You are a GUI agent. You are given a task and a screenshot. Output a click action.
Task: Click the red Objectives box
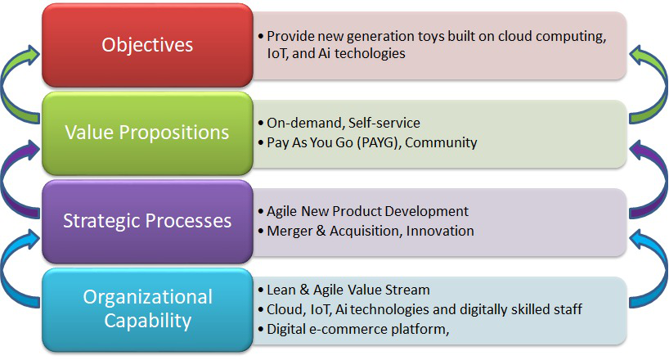click(x=148, y=45)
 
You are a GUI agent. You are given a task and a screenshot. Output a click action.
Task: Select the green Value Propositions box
click(x=148, y=133)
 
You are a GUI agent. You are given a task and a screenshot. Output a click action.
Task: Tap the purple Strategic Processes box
click(x=148, y=221)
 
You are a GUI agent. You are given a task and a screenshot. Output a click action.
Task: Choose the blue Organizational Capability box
click(x=148, y=309)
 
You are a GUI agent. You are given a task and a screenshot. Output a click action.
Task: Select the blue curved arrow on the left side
click(x=7, y=269)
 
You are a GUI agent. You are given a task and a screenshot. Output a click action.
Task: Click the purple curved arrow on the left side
click(x=7, y=179)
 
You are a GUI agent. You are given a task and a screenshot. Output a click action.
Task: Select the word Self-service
click(x=384, y=123)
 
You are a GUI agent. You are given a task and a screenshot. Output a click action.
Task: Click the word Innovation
click(x=440, y=231)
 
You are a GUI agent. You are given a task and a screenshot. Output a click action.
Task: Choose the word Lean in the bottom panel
click(x=281, y=290)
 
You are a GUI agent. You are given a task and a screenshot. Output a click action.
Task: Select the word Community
click(x=441, y=142)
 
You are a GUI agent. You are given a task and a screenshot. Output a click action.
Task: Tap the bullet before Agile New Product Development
click(x=261, y=211)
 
